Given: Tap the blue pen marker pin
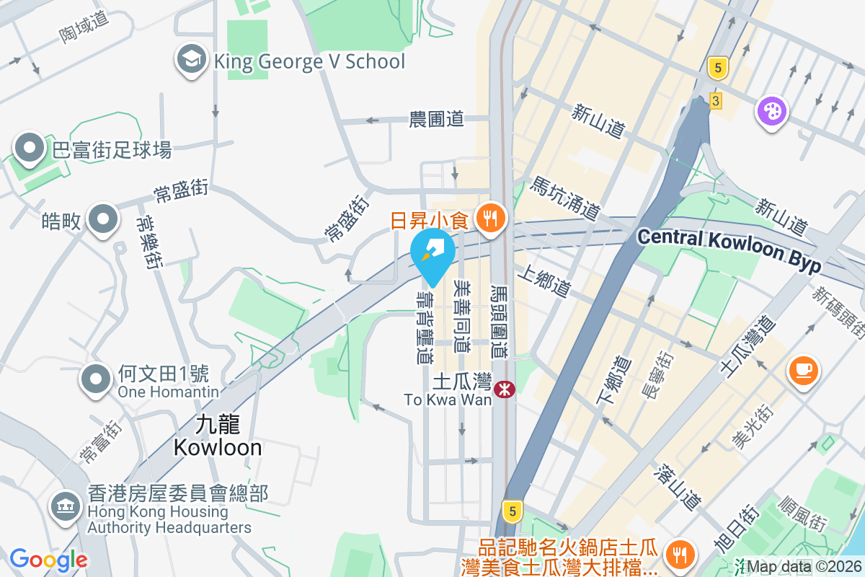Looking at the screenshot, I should coord(432,252).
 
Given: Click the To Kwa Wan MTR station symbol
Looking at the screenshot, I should coord(505,390).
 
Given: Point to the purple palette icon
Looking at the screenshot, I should coord(771,112).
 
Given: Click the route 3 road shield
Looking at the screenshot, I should coord(715,100).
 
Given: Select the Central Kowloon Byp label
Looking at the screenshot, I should coord(729,250).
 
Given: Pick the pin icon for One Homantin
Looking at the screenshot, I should coord(95,379).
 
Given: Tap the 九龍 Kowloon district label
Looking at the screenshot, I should coord(218,436).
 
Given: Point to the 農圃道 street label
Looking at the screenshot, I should coord(436,119).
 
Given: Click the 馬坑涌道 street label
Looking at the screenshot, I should coord(566,199).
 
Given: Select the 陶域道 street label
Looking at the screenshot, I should coord(84,27).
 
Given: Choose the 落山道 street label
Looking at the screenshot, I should coord(677,488).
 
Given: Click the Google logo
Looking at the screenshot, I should coord(48,560).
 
